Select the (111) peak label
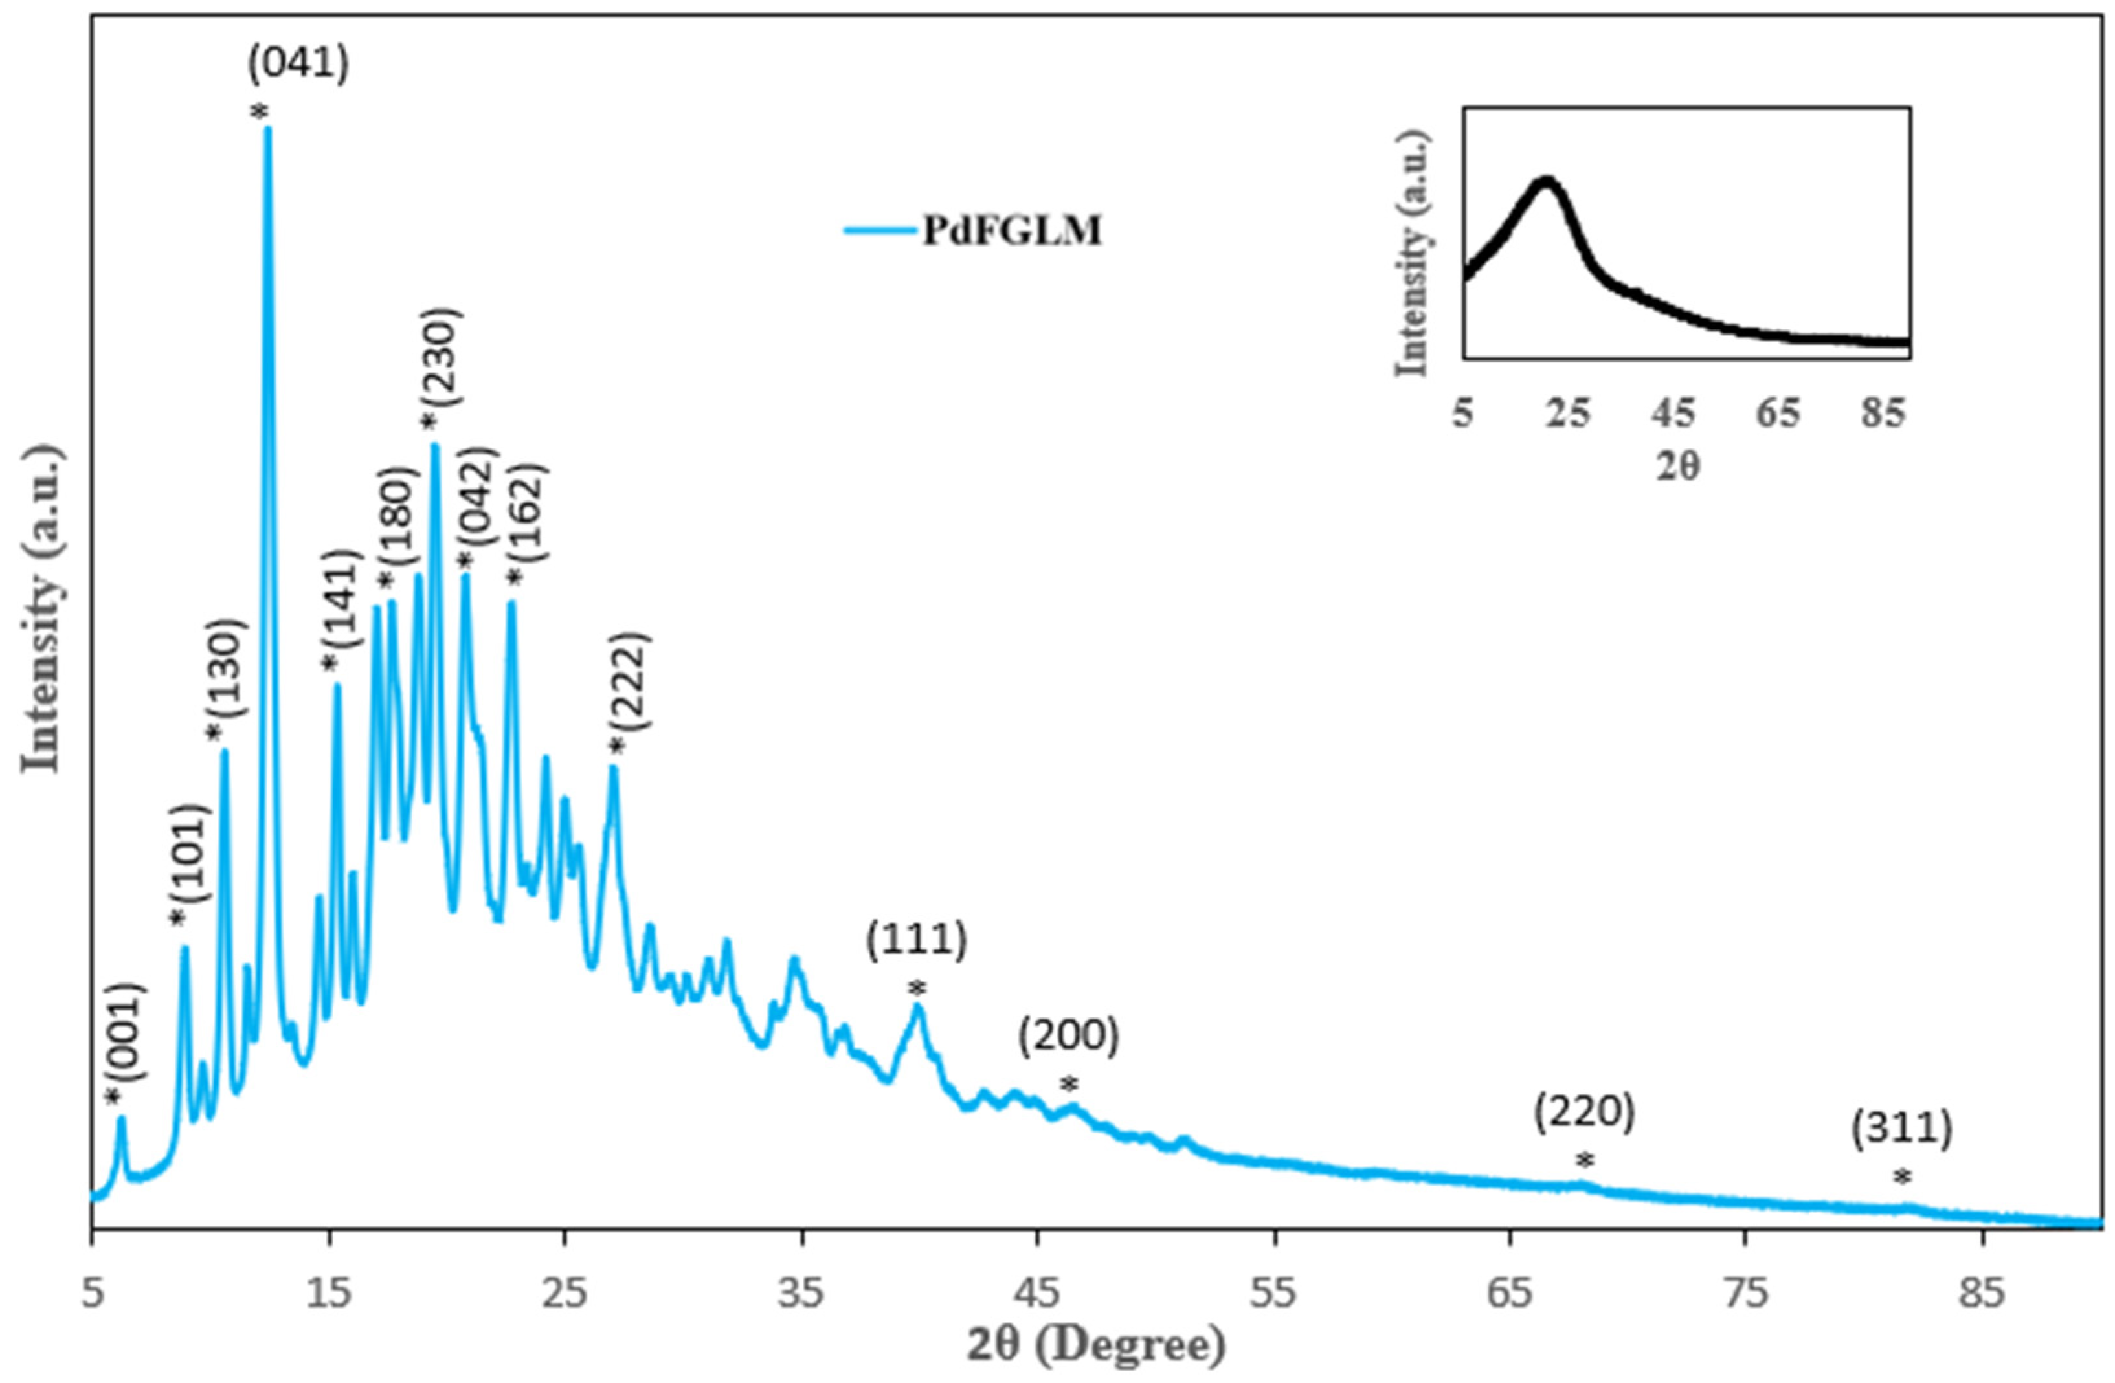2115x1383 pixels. [916, 942]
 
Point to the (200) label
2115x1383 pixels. [1069, 1037]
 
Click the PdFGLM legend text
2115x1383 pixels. [1011, 231]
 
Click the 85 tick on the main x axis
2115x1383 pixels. [1982, 1295]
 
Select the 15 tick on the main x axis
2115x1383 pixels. [330, 1295]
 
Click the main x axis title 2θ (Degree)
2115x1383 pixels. [1096, 1347]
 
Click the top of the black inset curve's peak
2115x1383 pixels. [1546, 181]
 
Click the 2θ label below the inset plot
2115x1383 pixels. [1678, 465]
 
